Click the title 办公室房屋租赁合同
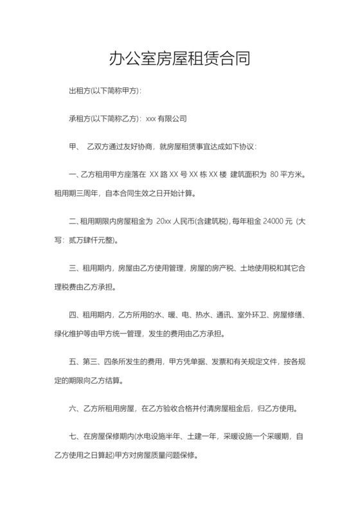point(179,60)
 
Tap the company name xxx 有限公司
point(166,119)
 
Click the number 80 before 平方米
point(276,174)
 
